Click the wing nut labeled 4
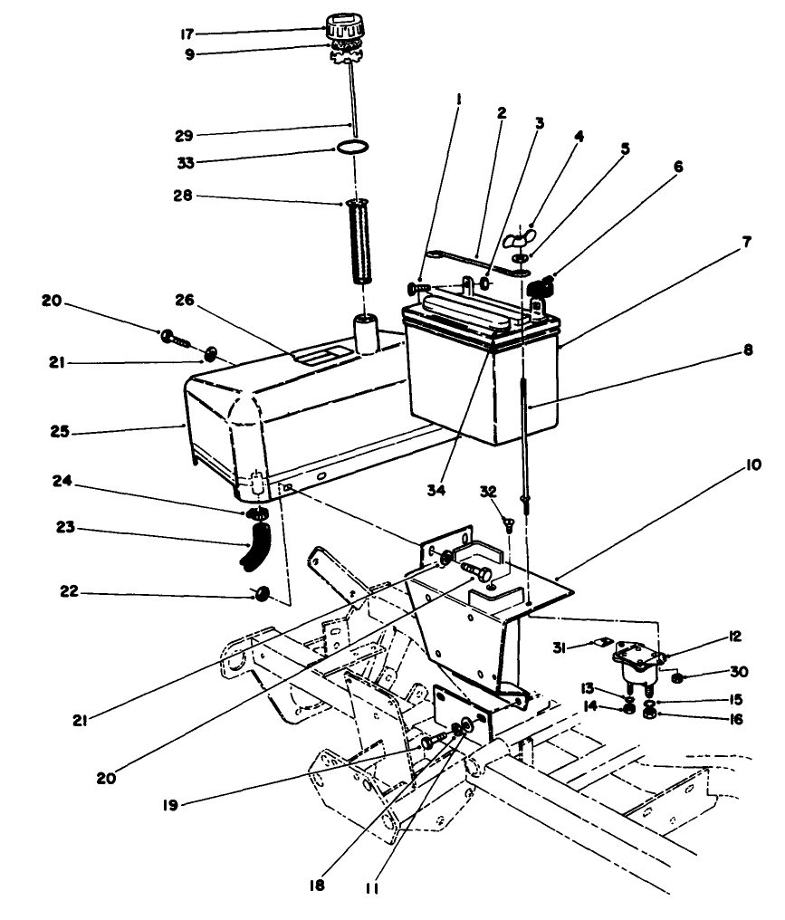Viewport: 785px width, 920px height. click(522, 240)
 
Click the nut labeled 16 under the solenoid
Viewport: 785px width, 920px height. click(647, 714)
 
